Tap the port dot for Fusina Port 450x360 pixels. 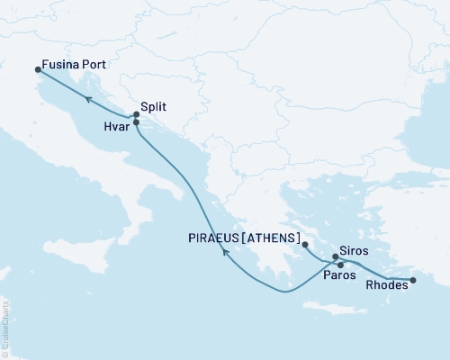pos(38,68)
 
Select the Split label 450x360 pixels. pos(155,105)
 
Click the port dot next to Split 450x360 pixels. pos(136,114)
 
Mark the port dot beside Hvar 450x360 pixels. pos(136,122)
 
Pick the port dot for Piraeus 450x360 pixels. pos(305,244)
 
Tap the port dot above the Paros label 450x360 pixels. pos(339,265)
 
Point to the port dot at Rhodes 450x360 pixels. pos(413,281)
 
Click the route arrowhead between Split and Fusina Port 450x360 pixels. pos(87,99)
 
